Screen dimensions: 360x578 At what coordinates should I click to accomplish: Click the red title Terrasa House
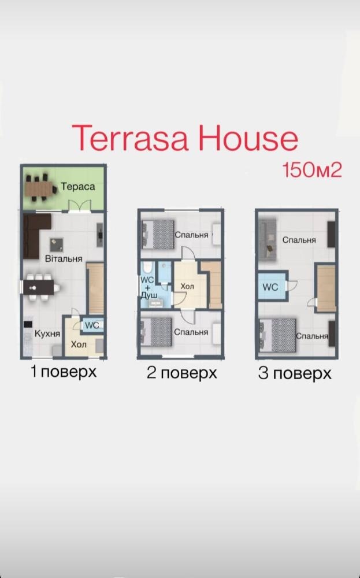click(185, 138)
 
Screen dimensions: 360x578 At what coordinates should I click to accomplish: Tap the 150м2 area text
click(311, 171)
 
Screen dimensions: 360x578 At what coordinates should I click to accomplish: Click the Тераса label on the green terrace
click(78, 187)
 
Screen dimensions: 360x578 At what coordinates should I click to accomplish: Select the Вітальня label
click(64, 259)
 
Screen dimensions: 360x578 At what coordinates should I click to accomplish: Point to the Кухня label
click(47, 334)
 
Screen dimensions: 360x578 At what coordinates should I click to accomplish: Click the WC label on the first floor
click(92, 325)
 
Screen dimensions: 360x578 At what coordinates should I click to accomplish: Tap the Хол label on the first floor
click(79, 344)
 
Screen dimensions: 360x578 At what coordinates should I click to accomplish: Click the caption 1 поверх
click(64, 372)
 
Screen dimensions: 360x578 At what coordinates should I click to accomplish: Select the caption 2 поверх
click(181, 373)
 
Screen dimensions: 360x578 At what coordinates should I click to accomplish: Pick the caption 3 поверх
click(294, 374)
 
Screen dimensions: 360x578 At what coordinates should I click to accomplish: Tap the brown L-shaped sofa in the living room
click(35, 236)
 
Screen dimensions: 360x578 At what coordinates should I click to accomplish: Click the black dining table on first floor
click(38, 287)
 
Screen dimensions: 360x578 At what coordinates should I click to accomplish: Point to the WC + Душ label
click(148, 287)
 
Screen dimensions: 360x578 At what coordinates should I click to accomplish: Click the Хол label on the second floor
click(187, 287)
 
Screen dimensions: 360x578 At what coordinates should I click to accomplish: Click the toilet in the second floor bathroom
click(147, 268)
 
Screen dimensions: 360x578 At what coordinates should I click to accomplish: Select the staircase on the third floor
click(326, 288)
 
